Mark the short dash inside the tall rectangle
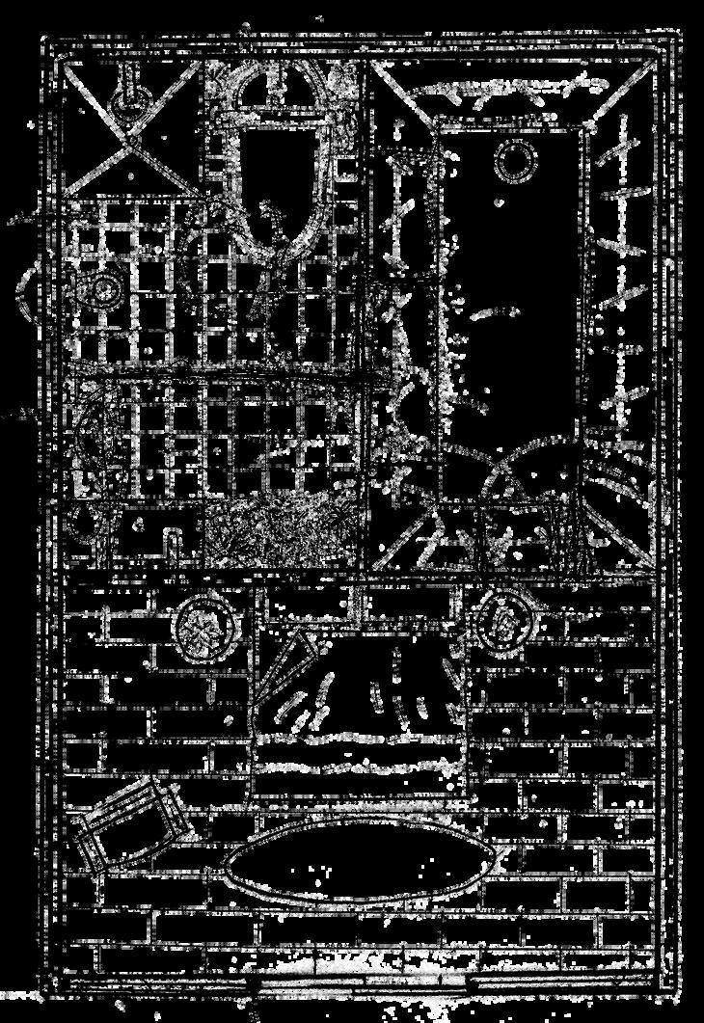pos(494,312)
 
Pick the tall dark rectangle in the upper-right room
pos(511,289)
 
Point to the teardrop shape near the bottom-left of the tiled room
pos(85,524)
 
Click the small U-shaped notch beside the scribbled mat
pos(174,540)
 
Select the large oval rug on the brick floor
pos(359,861)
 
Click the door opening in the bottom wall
pos(359,983)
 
